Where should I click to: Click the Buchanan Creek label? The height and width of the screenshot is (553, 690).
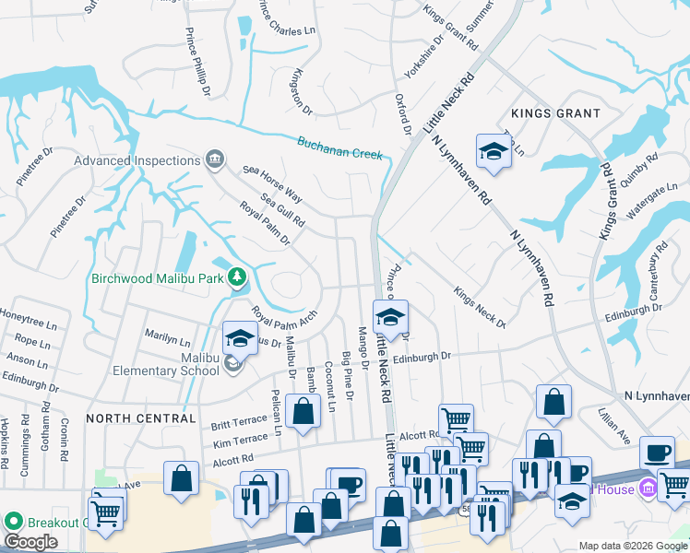[339, 147]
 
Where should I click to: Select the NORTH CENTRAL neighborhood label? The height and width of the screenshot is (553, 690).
[141, 418]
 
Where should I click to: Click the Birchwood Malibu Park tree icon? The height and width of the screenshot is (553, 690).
[237, 276]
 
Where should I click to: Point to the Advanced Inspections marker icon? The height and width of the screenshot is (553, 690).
[215, 160]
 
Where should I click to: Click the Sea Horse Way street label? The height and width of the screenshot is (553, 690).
[273, 183]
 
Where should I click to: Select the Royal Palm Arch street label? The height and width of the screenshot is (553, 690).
[284, 323]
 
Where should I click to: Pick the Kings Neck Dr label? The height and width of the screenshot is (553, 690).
[480, 307]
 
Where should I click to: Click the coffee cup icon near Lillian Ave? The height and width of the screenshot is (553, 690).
[657, 453]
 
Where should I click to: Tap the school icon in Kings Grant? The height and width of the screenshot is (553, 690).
[494, 151]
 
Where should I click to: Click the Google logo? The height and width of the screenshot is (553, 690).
[30, 542]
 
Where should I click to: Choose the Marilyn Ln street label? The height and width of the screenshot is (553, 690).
[168, 331]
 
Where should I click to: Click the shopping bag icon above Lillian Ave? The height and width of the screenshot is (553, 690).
[553, 401]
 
